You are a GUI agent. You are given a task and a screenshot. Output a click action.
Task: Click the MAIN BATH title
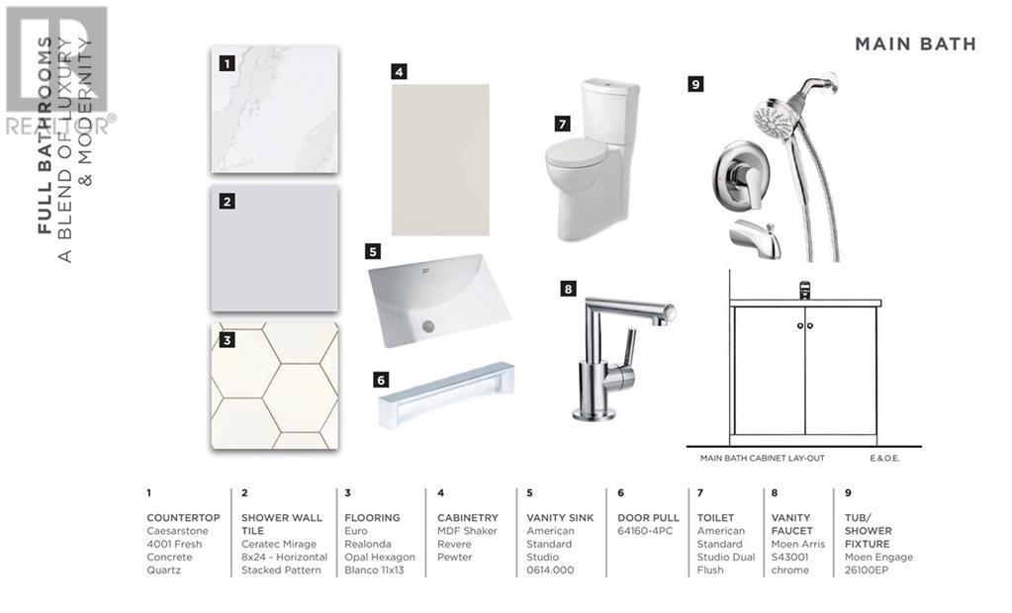pos(915,44)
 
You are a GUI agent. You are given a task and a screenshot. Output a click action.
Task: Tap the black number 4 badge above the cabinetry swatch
pos(399,71)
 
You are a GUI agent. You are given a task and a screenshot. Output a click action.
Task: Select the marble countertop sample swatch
pos(274,110)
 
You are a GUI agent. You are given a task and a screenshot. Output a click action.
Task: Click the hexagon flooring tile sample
pos(274,386)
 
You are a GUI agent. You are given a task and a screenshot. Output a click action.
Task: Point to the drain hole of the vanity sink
pos(427,326)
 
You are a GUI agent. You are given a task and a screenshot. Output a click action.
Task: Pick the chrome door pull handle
pos(446,394)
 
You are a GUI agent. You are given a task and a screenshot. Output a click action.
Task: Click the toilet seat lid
pos(576,153)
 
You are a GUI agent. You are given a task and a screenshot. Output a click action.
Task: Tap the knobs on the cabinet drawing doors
pos(805,326)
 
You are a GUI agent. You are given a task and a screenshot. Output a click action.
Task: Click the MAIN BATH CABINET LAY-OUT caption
pos(763,458)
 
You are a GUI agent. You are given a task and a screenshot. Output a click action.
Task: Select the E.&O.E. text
pos(884,458)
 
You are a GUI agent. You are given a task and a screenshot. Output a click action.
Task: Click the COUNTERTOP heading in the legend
pos(183,517)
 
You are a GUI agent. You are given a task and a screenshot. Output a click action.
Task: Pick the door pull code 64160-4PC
pos(645,531)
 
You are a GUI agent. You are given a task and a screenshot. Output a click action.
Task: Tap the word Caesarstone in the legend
pos(177,531)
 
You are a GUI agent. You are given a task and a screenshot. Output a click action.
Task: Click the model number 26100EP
pos(867,569)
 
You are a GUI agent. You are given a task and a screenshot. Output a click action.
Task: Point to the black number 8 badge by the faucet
pos(568,289)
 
